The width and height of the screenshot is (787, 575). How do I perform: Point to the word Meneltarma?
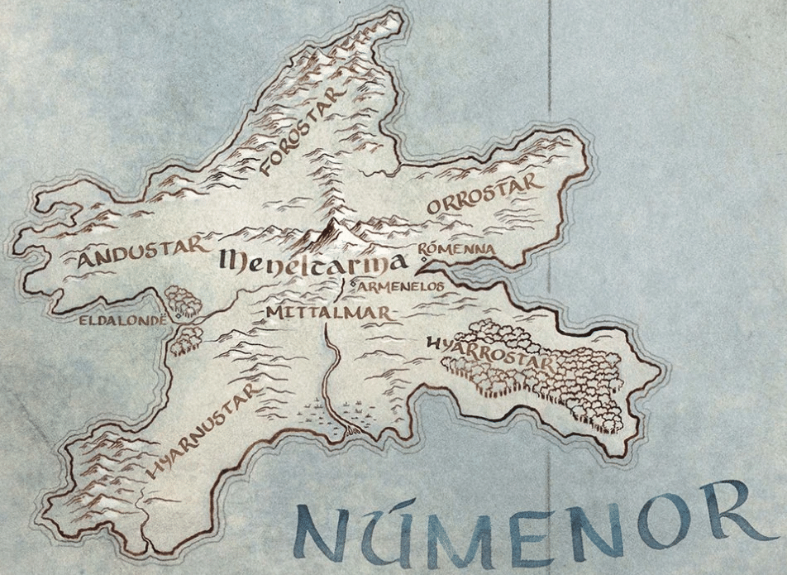coord(313,264)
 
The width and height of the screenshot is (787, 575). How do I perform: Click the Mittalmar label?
coord(328,311)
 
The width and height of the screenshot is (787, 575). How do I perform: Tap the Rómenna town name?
coord(456,248)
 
